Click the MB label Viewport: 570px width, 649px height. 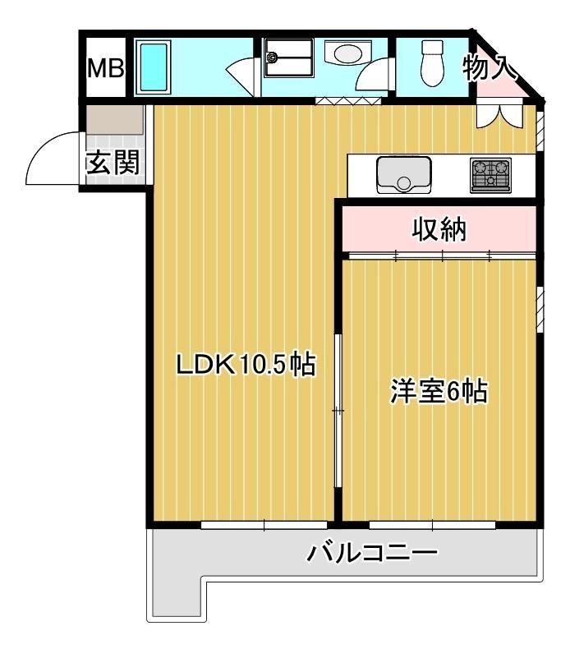(106, 68)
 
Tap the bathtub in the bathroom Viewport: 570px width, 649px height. (154, 68)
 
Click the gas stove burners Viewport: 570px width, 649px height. (490, 175)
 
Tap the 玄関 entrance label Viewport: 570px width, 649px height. (113, 164)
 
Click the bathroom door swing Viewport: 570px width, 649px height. (241, 76)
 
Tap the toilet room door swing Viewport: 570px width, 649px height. (378, 80)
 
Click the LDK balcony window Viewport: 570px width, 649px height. (264, 524)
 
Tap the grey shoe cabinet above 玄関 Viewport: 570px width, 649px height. (115, 120)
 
